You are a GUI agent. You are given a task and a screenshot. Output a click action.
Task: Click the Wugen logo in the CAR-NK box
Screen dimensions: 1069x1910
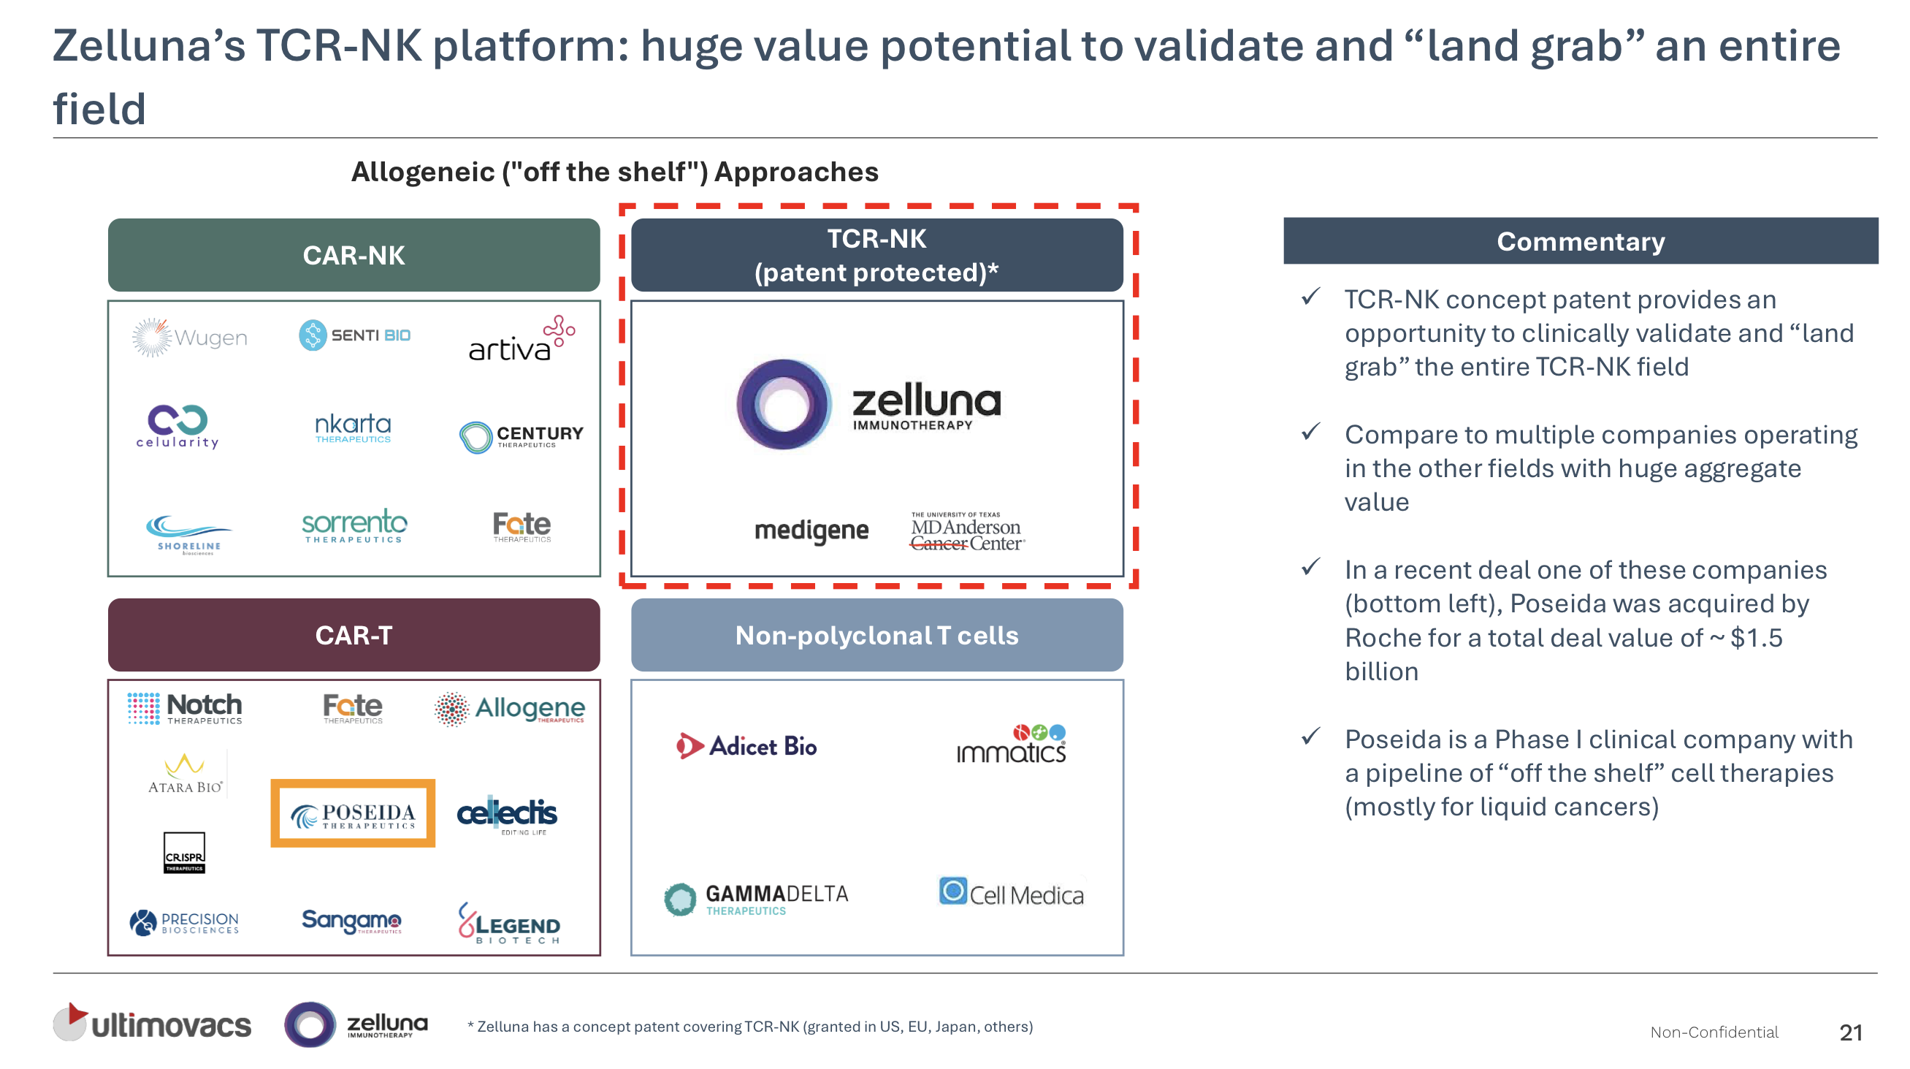190,338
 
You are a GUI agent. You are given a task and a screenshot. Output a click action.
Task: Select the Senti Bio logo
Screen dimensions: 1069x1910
354,335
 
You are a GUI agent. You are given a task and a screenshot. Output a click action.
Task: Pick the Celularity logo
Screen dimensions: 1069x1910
177,427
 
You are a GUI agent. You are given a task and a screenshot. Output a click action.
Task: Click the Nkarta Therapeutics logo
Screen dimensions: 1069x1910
353,428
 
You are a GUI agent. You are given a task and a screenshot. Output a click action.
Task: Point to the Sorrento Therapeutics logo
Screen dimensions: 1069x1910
354,526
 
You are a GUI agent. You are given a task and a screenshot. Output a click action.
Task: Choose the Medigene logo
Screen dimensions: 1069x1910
811,530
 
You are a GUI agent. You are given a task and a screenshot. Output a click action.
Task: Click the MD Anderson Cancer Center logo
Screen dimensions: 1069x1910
967,532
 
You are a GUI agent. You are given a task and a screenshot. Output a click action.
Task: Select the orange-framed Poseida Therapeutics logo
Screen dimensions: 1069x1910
353,814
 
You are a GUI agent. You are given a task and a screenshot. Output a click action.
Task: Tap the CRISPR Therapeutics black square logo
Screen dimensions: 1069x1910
184,853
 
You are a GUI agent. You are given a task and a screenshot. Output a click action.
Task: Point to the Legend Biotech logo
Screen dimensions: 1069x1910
509,924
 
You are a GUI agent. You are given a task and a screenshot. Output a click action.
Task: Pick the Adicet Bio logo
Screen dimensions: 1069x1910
746,746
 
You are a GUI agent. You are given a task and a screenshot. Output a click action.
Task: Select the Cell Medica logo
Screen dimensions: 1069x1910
1012,893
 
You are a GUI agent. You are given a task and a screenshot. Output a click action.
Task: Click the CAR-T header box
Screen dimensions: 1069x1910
354,636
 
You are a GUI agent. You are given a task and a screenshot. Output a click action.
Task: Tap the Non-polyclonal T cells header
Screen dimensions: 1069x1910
876,636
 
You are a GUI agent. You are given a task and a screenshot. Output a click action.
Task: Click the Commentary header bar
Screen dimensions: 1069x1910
1580,242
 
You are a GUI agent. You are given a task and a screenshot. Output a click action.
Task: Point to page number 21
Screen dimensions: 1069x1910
1850,1032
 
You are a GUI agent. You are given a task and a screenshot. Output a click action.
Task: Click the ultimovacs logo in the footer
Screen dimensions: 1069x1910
152,1024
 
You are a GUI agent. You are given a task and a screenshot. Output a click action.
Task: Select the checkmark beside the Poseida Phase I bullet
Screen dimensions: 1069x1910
1311,737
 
